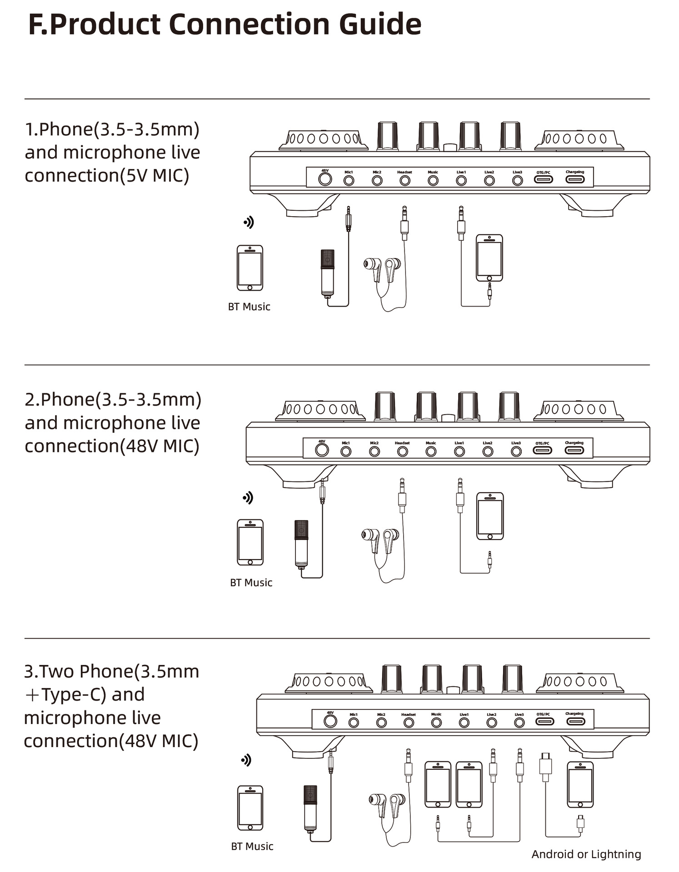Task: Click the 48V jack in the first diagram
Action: pos(325,179)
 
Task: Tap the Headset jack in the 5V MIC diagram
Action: pos(404,180)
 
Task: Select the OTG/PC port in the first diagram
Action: pos(544,179)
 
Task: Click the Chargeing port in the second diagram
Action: pos(574,450)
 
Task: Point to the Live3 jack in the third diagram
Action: pos(519,722)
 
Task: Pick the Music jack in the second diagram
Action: pos(431,451)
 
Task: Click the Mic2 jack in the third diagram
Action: pos(381,722)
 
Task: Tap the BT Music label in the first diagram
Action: pos(249,307)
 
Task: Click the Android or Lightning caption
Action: pos(586,854)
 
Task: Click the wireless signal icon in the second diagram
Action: pos(248,498)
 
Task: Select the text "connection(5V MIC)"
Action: pos(107,175)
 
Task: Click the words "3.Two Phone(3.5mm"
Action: pos(111,671)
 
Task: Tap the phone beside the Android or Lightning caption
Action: pos(580,784)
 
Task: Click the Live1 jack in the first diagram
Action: pos(461,180)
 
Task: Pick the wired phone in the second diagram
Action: pos(490,516)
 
